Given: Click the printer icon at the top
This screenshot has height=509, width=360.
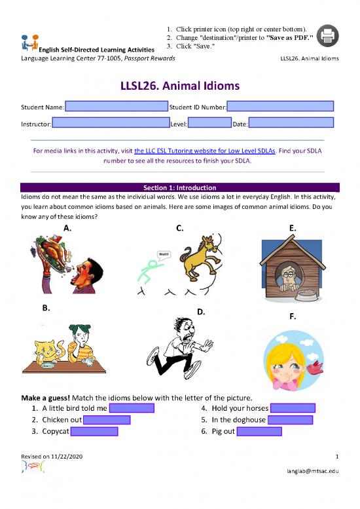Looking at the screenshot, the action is [328, 36].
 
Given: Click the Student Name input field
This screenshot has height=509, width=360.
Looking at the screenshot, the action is [116, 106].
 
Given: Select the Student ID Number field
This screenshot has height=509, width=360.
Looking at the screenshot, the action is [280, 106].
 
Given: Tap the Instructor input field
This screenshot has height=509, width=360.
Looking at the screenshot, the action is [110, 123].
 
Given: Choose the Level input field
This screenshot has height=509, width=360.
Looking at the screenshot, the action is [209, 123].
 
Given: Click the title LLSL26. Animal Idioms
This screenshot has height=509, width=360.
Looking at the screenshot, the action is [179, 86].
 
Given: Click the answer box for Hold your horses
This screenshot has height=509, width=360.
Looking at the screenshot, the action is [292, 408].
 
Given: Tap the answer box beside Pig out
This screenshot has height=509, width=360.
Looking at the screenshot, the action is [259, 431].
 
